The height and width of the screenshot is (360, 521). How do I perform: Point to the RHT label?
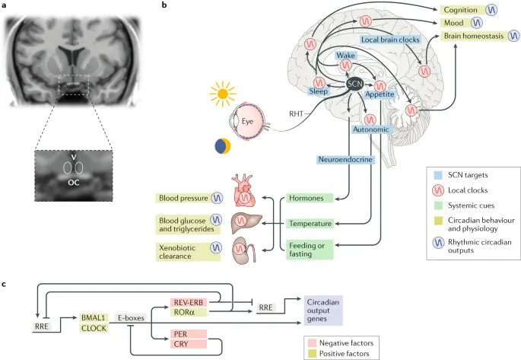[x=298, y=113]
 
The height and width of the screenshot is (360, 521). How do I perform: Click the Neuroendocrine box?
[x=344, y=160]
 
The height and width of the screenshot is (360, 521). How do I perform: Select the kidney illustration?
[x=245, y=251]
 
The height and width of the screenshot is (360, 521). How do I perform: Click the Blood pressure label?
[x=185, y=198]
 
